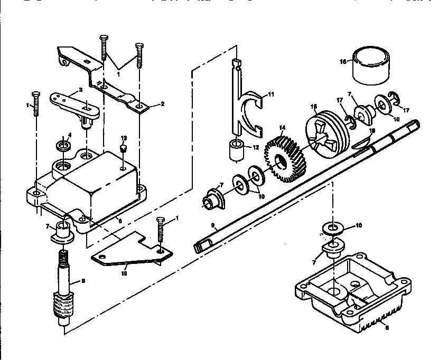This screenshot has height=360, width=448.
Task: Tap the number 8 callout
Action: [81, 281]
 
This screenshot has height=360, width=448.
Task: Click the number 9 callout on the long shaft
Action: [212, 225]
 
